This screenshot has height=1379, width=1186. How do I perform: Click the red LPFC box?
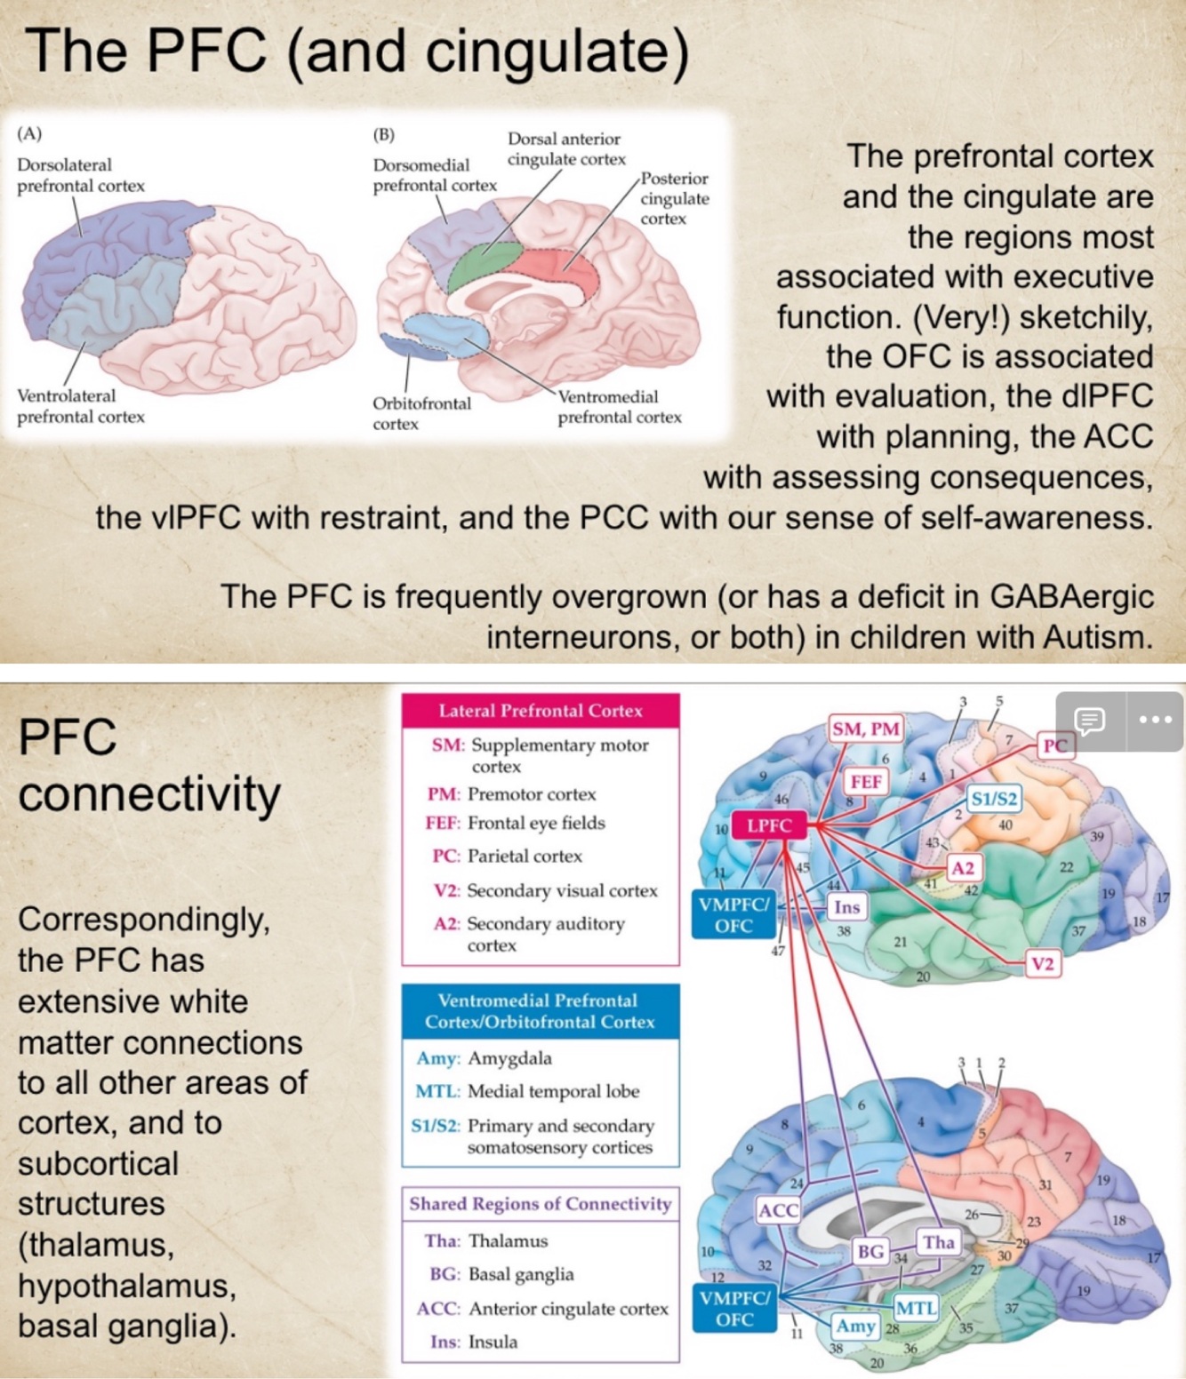[768, 825]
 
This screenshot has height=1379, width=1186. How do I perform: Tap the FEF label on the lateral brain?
[866, 782]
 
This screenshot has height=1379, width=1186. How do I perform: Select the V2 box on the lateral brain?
[1042, 964]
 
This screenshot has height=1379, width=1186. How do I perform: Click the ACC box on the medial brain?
[778, 1210]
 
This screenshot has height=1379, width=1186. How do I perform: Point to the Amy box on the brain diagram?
[855, 1327]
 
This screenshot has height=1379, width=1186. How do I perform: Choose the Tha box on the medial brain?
[938, 1242]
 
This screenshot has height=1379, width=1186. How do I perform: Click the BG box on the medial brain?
[870, 1252]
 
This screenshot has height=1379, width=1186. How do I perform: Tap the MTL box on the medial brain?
[916, 1308]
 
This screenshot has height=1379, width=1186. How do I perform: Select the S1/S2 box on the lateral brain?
[994, 799]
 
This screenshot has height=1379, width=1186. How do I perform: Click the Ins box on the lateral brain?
[846, 907]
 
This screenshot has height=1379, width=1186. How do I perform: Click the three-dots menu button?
[1154, 720]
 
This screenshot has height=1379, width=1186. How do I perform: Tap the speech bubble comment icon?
[1089, 720]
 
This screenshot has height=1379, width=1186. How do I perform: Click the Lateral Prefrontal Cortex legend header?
[541, 711]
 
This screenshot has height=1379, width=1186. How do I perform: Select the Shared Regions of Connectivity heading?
[541, 1204]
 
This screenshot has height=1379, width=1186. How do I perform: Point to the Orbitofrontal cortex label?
[421, 413]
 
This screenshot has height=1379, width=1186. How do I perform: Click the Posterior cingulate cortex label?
[674, 198]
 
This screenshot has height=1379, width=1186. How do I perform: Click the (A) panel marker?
[29, 134]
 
